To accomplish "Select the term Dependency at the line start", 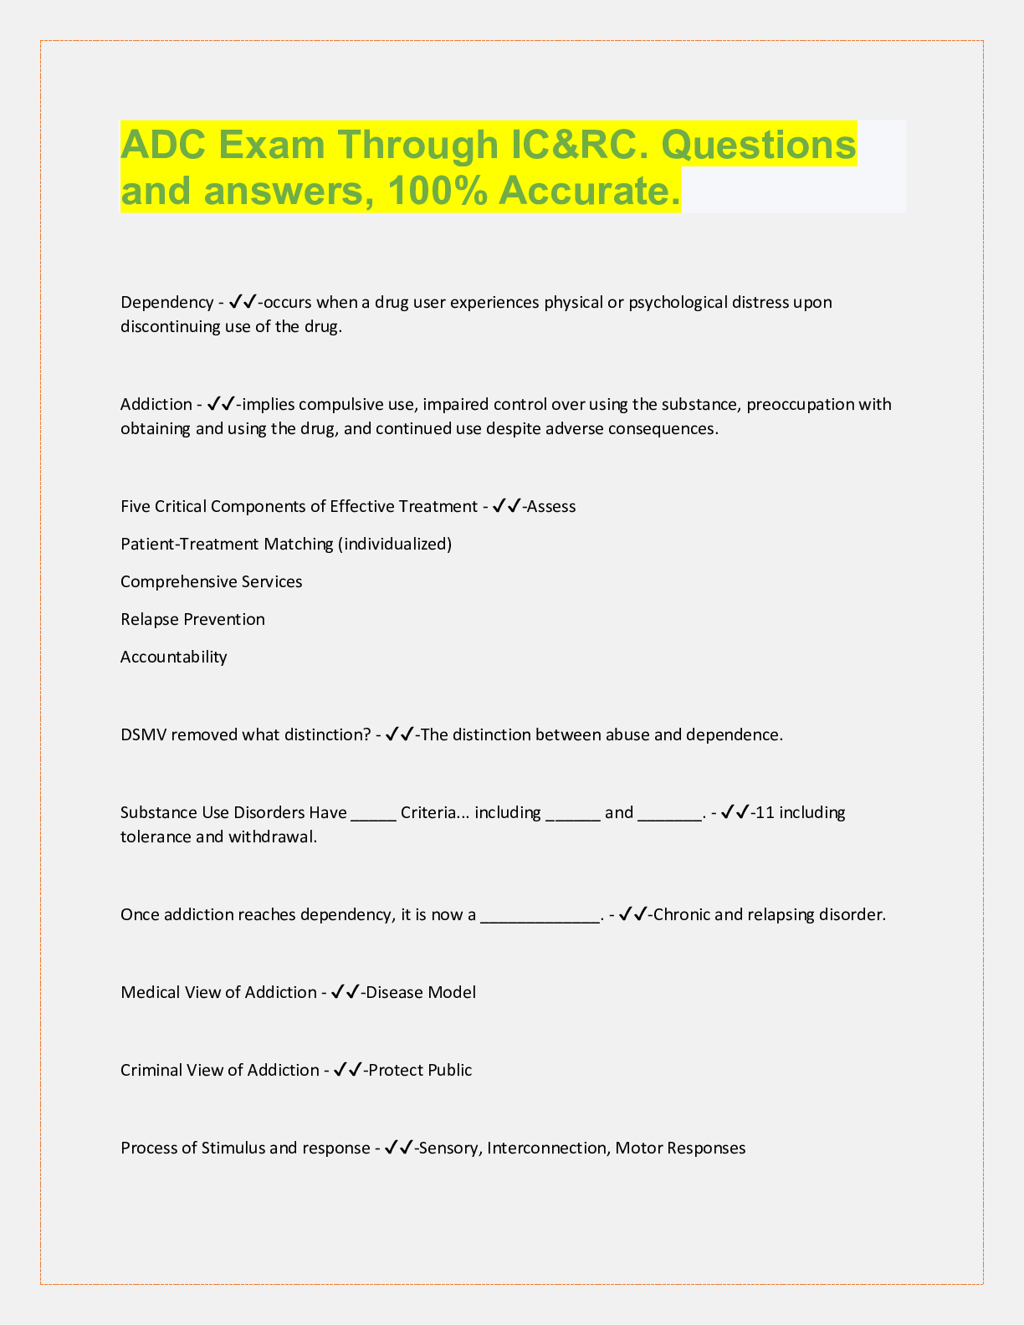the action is coord(167,302).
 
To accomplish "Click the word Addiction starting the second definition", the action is coord(156,405).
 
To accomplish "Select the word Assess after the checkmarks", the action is coord(552,507).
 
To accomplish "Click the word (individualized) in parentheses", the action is coord(395,545).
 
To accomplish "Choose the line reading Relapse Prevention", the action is coord(192,620).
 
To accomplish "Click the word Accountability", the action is coord(174,657).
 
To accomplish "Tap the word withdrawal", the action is coord(273,837).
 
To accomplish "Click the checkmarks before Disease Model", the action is coord(346,993).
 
